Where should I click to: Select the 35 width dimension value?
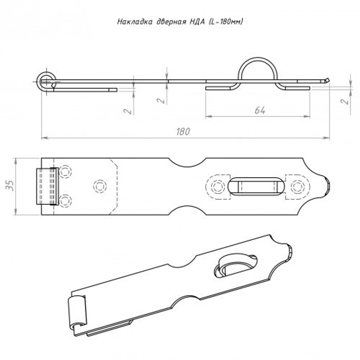(11, 186)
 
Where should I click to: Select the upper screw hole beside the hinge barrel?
(65, 171)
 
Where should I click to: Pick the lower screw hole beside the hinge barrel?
(65, 200)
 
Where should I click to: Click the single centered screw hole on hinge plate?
(100, 186)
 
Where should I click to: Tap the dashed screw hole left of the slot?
(217, 186)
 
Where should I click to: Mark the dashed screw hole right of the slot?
(297, 186)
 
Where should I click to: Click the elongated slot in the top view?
(257, 186)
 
